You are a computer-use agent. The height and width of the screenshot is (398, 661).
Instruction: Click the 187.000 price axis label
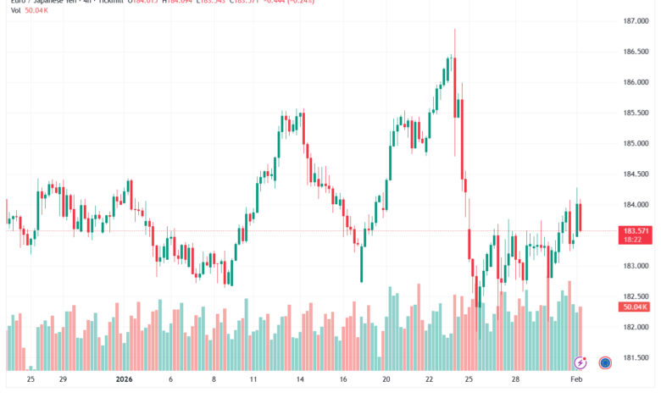pos(636,21)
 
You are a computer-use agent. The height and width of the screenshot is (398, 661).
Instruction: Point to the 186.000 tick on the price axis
pos(636,82)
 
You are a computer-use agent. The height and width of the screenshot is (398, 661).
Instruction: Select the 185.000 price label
pos(636,143)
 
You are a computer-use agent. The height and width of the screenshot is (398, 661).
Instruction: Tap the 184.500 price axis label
pos(636,174)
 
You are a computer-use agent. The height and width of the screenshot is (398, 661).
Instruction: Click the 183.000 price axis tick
pos(636,265)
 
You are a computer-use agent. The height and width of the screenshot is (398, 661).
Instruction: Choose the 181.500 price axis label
pos(636,357)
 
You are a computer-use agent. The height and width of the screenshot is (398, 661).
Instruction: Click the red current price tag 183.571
pos(636,230)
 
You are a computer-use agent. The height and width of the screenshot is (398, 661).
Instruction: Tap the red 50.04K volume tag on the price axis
pos(635,307)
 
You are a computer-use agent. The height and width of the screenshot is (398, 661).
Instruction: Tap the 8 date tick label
pos(214,381)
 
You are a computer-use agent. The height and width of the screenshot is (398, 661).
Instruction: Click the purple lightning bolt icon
pos(580,362)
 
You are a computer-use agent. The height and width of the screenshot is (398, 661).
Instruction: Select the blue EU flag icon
pos(606,362)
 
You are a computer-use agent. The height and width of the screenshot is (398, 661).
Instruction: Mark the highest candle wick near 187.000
pos(455,30)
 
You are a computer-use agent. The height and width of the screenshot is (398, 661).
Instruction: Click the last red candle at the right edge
pos(580,218)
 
